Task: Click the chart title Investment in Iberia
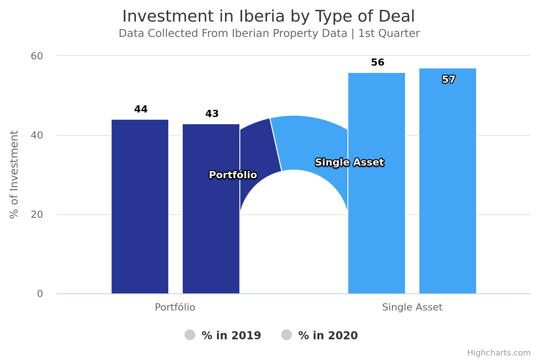click(x=268, y=17)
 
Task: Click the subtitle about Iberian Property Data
click(x=269, y=34)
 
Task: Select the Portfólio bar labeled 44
click(x=140, y=207)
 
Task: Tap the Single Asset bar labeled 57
click(x=447, y=189)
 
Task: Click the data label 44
click(x=141, y=109)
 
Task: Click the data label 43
click(x=212, y=114)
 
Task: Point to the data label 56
click(x=378, y=63)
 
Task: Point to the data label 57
click(x=448, y=80)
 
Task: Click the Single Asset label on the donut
click(x=349, y=162)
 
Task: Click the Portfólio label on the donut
click(x=233, y=175)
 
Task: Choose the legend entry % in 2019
click(x=223, y=335)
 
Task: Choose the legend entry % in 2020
click(x=320, y=335)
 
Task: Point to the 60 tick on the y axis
click(x=37, y=56)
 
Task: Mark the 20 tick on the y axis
click(x=37, y=215)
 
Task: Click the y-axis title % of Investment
click(x=14, y=174)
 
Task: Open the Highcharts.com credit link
click(x=499, y=353)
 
